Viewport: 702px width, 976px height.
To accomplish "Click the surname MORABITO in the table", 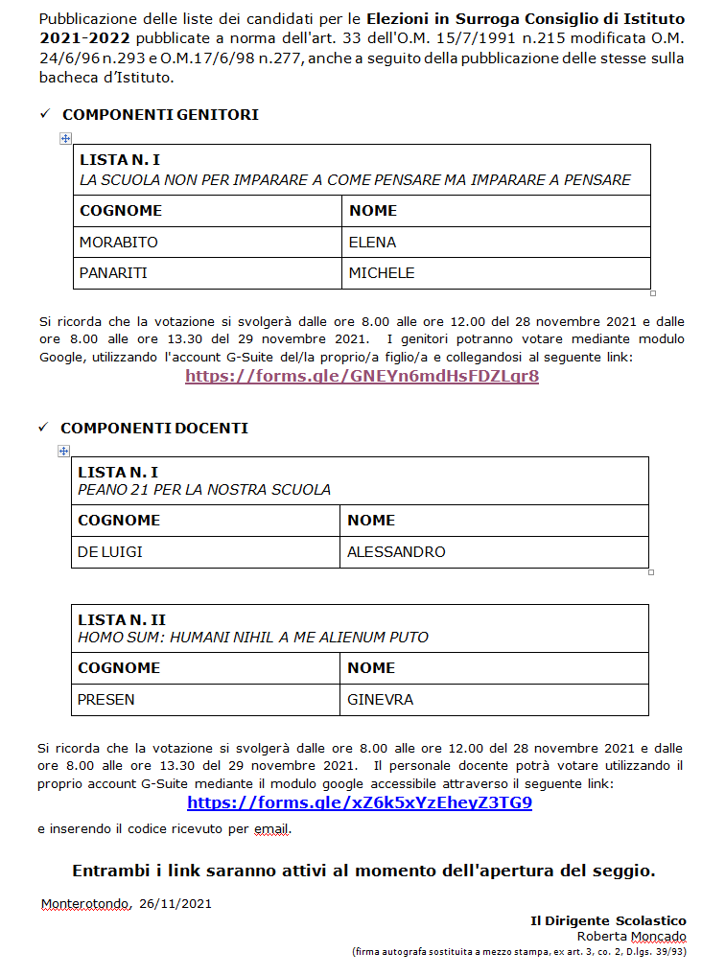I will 118,242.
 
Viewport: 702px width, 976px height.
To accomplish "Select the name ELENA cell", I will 372,242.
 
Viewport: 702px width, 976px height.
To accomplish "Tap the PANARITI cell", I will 113,273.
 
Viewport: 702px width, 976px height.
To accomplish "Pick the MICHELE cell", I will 382,273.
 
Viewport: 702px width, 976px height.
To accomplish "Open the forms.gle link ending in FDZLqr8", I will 362,376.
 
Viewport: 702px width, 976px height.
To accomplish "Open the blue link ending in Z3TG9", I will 360,803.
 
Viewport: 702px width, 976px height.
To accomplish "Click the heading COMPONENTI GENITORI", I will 160,115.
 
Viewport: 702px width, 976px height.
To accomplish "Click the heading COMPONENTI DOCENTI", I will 154,429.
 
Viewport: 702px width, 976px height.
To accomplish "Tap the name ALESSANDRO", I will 396,552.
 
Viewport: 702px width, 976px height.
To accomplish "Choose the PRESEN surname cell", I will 105,700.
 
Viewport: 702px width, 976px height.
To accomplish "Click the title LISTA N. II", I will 122,620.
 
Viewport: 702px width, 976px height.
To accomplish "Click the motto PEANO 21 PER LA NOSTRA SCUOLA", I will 204,490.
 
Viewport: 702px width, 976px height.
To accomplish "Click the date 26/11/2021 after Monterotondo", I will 175,903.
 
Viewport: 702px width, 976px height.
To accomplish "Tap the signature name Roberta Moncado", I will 631,936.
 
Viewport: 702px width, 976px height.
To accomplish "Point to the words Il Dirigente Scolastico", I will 608,920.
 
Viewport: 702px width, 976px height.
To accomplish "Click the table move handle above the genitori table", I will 65,139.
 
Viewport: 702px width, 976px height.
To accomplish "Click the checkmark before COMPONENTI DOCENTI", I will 42,428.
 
